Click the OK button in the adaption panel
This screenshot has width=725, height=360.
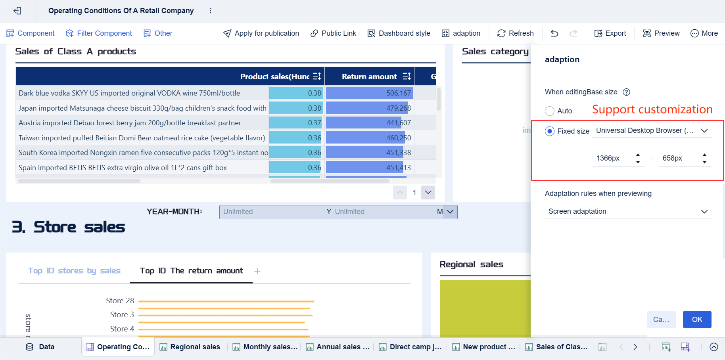tap(697, 320)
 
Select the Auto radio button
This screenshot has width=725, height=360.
tap(550, 111)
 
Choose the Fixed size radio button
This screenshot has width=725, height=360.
tap(550, 131)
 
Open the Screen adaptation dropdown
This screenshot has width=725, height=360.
tap(628, 211)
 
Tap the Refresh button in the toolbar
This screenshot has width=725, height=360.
tap(515, 33)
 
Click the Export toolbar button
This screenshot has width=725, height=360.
tap(610, 33)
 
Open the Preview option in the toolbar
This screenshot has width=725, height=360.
tap(661, 33)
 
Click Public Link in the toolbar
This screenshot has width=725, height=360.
tap(333, 33)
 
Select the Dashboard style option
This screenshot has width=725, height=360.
tap(399, 33)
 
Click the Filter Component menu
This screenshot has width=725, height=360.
tap(99, 33)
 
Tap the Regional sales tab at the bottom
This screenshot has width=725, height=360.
tap(190, 347)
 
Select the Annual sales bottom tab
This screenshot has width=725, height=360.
tap(338, 347)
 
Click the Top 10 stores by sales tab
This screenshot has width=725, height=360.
tap(74, 271)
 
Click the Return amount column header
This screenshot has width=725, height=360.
tap(369, 77)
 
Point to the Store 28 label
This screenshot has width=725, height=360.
tap(120, 301)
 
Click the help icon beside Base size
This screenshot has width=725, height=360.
tap(626, 92)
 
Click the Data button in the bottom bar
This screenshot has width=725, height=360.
tap(40, 347)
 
